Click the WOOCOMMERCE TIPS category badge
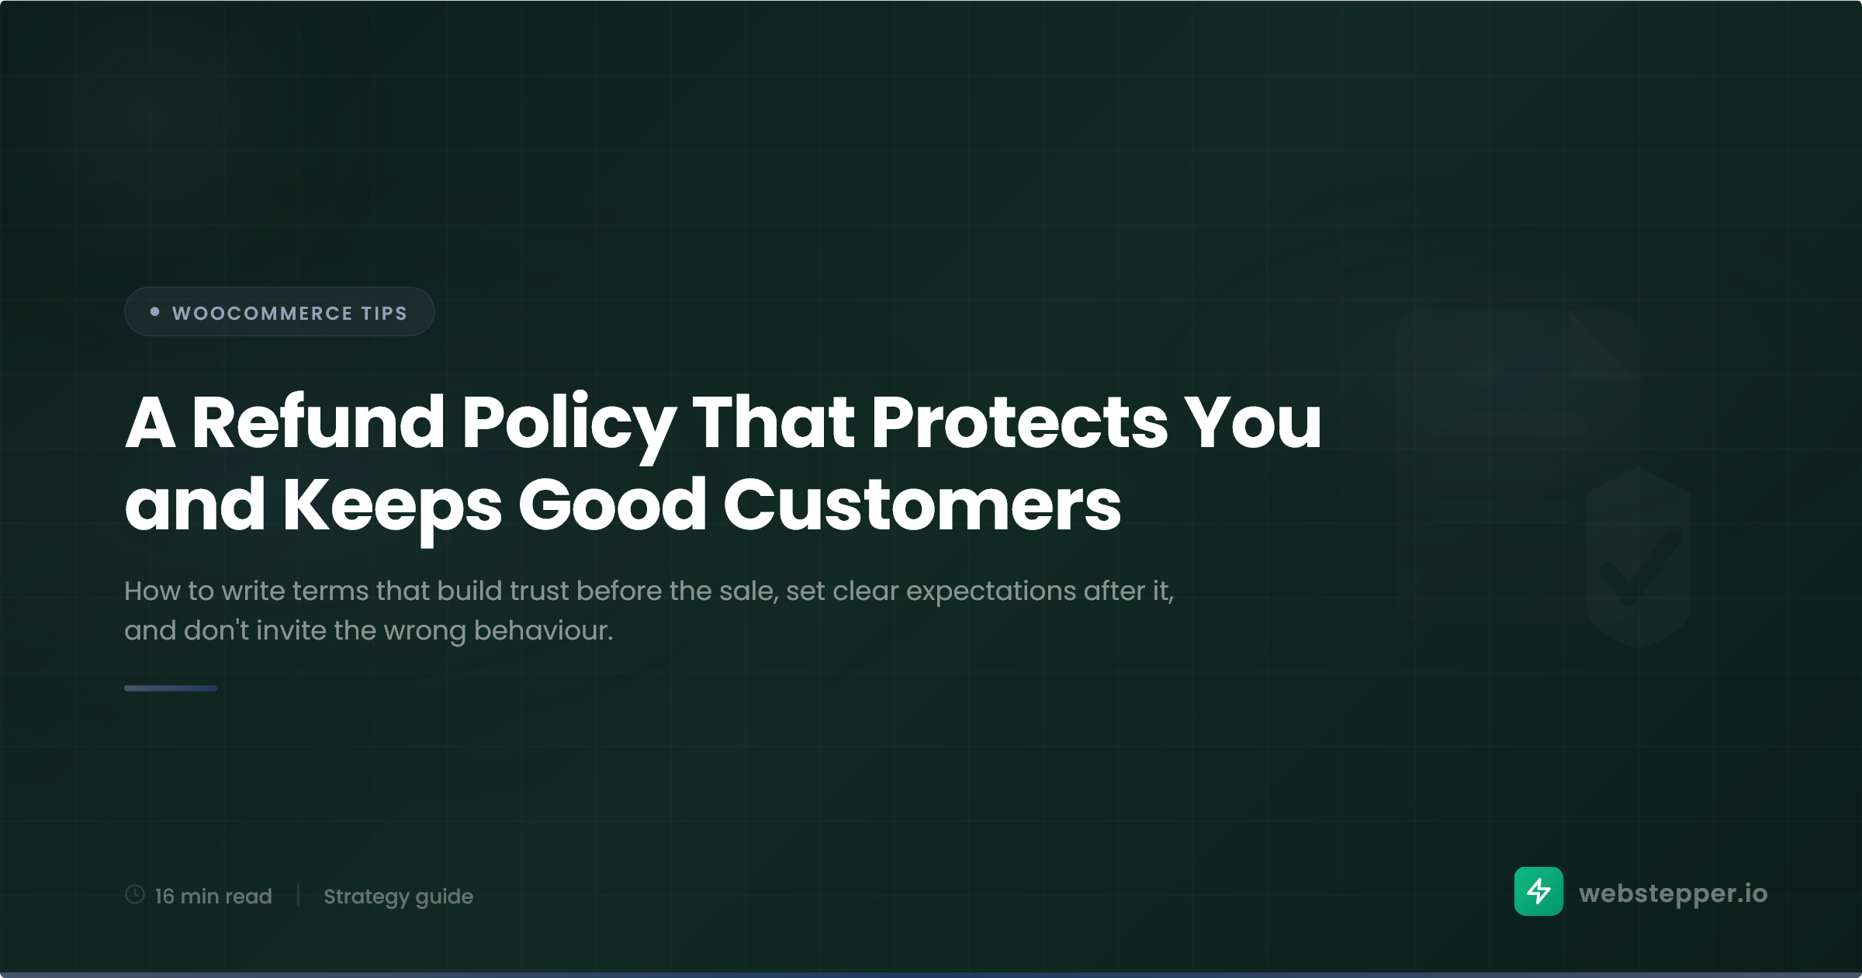(x=279, y=311)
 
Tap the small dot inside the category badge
(x=154, y=311)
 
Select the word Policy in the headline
(x=569, y=427)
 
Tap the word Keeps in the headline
(x=392, y=509)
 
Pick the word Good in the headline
(x=613, y=505)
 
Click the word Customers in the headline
(x=922, y=505)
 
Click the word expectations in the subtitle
(x=991, y=592)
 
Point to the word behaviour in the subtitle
(x=543, y=630)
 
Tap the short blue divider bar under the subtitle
(x=171, y=688)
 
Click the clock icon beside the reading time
(x=135, y=894)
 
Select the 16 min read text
(x=213, y=896)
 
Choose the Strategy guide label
(x=398, y=896)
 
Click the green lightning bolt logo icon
(x=1538, y=891)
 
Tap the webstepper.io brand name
(x=1673, y=893)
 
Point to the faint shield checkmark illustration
(x=1639, y=558)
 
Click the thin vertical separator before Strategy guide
(x=298, y=894)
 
